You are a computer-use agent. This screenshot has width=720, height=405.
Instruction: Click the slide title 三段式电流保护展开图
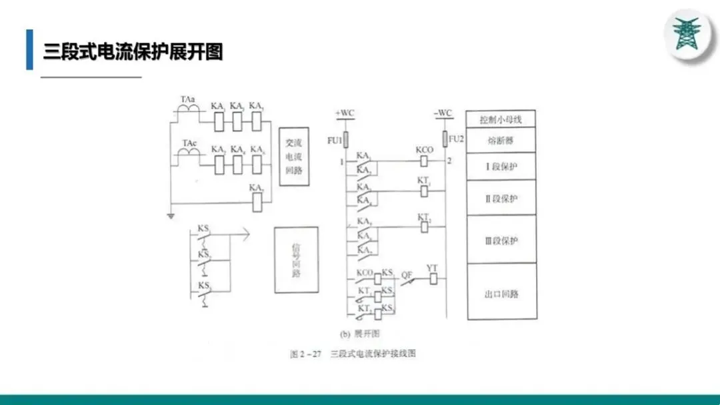click(x=133, y=51)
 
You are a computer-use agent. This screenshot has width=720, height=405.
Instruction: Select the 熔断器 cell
click(x=500, y=141)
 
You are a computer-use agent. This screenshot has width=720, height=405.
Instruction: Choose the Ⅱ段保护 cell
click(x=500, y=198)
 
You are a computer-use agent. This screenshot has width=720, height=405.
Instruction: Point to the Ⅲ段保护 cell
click(x=500, y=240)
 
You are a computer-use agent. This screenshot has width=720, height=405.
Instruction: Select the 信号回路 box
click(x=296, y=260)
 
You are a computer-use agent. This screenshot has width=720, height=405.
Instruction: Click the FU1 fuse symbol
click(x=345, y=141)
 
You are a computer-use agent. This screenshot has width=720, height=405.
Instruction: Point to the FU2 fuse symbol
click(x=444, y=141)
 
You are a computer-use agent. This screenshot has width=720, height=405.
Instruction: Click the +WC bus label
click(x=345, y=113)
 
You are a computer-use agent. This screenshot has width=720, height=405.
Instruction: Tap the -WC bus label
click(x=443, y=113)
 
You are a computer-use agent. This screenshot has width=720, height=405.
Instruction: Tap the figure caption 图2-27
click(x=305, y=354)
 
